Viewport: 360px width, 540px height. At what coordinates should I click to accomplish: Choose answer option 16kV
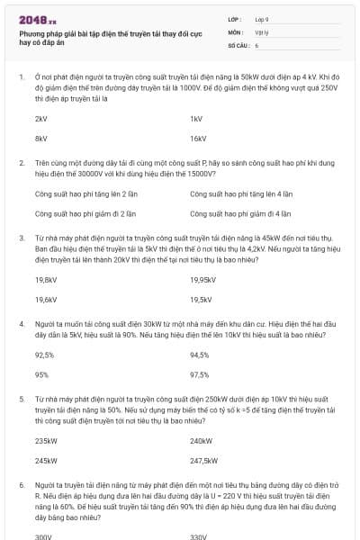coord(198,139)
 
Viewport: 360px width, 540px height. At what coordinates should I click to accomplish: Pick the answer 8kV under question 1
coord(40,139)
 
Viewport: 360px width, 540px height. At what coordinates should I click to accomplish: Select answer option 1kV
coord(196,119)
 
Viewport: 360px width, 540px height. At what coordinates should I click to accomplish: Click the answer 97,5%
coord(200,375)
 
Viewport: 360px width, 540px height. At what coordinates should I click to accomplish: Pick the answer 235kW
coord(45,441)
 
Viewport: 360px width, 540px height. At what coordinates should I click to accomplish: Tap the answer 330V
coord(198,536)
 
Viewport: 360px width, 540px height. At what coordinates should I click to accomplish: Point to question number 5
coord(21,399)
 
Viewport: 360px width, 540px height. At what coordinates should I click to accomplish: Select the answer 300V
coord(43,536)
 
